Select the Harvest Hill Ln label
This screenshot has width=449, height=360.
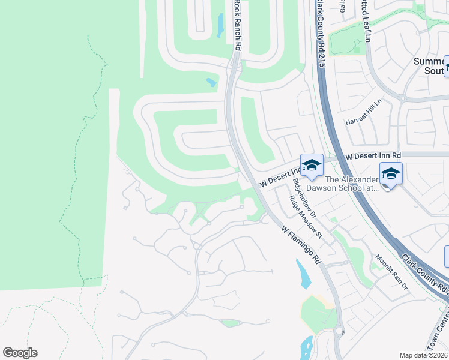[363, 112]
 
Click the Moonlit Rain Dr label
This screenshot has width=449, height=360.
[391, 273]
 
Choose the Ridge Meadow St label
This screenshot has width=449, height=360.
[306, 217]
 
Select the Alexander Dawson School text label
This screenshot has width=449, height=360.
[352, 184]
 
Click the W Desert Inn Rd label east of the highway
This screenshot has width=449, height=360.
[373, 155]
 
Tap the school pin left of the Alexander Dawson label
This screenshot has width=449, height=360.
[312, 166]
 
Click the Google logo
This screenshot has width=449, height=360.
[20, 353]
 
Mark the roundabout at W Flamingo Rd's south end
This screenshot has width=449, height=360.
[339, 331]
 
